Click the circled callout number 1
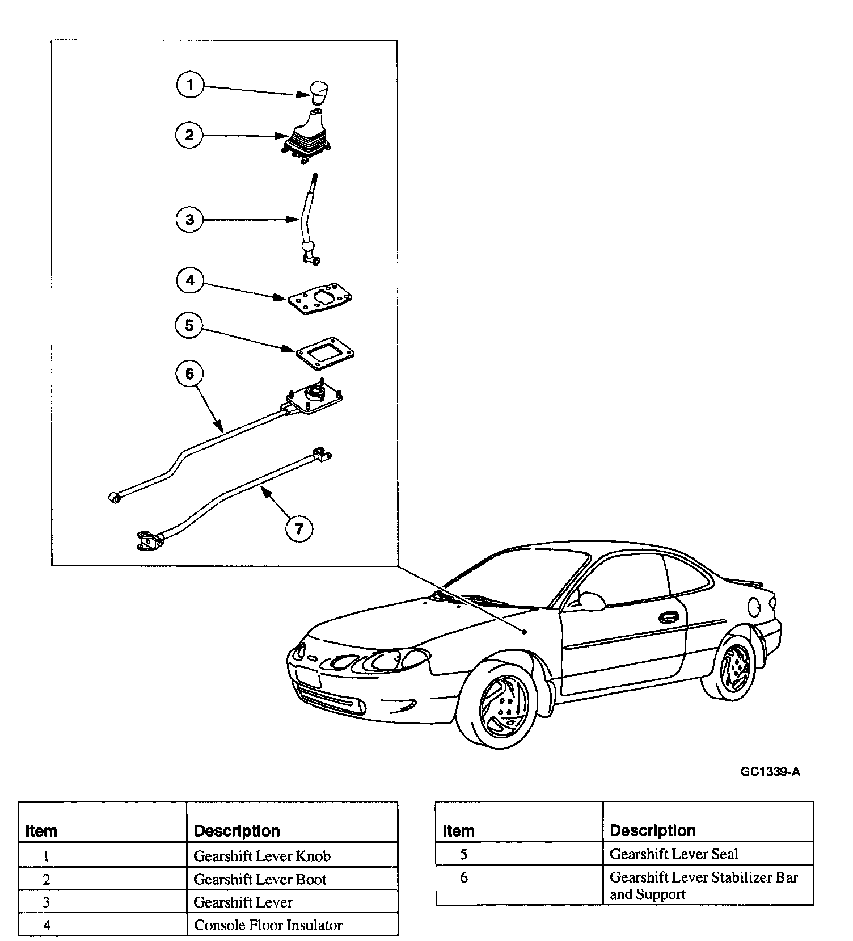pyautogui.click(x=190, y=86)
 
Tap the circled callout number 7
pyautogui.click(x=299, y=529)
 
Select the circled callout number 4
pyautogui.click(x=190, y=280)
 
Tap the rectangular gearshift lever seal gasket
pyautogui.click(x=325, y=352)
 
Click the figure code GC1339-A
pyautogui.click(x=770, y=771)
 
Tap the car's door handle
pyautogui.click(x=668, y=617)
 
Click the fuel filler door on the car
pyautogui.click(x=754, y=607)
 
